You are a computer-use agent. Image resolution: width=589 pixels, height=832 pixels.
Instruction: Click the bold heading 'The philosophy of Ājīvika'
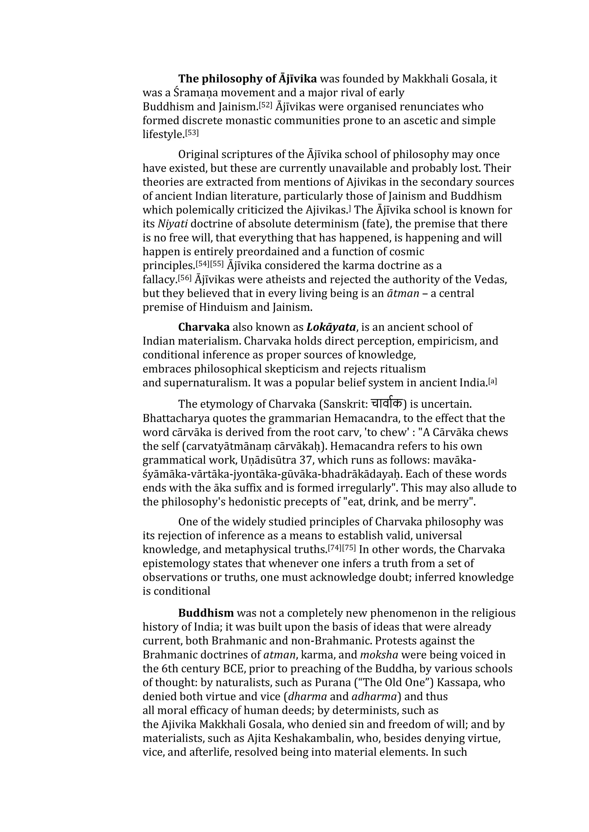pos(247,79)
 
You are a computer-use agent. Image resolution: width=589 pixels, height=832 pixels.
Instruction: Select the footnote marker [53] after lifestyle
pos(192,132)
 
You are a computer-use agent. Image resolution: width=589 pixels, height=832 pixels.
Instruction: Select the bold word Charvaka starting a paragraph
pos(204,327)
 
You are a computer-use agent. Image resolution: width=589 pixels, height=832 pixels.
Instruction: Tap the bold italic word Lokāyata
pos(331,327)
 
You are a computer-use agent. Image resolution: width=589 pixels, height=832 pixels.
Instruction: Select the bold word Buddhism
pos(206,613)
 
